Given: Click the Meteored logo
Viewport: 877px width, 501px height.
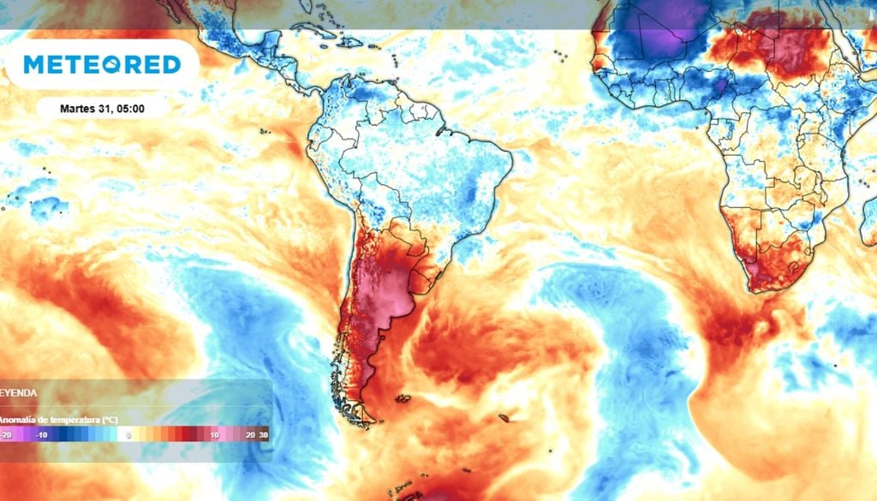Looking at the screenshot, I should tap(102, 64).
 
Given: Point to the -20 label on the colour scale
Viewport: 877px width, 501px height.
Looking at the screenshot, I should tap(7, 434).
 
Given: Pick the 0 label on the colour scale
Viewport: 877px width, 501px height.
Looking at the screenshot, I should tap(128, 434).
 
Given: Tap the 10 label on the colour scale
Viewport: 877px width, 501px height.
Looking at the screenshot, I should tap(214, 434).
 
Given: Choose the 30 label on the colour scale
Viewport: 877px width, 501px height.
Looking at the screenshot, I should tap(263, 434).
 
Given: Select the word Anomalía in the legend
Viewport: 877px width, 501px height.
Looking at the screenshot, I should tap(19, 420).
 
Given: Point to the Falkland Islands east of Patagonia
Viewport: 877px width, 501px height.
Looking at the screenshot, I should tap(400, 397).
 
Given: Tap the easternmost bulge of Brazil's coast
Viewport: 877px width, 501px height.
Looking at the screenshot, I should tap(511, 158).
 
